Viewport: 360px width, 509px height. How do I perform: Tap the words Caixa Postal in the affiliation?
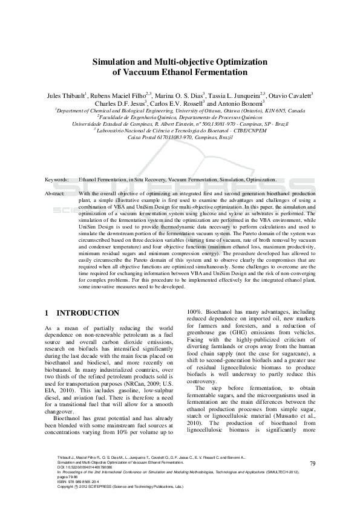pyautogui.click(x=143, y=137)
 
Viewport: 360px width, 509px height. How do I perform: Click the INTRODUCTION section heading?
pyautogui.click(x=88, y=313)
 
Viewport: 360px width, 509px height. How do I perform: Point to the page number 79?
pyautogui.click(x=313, y=463)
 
